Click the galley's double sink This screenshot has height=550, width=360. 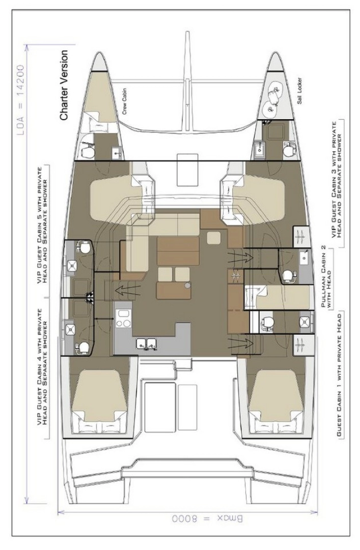point(146,343)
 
